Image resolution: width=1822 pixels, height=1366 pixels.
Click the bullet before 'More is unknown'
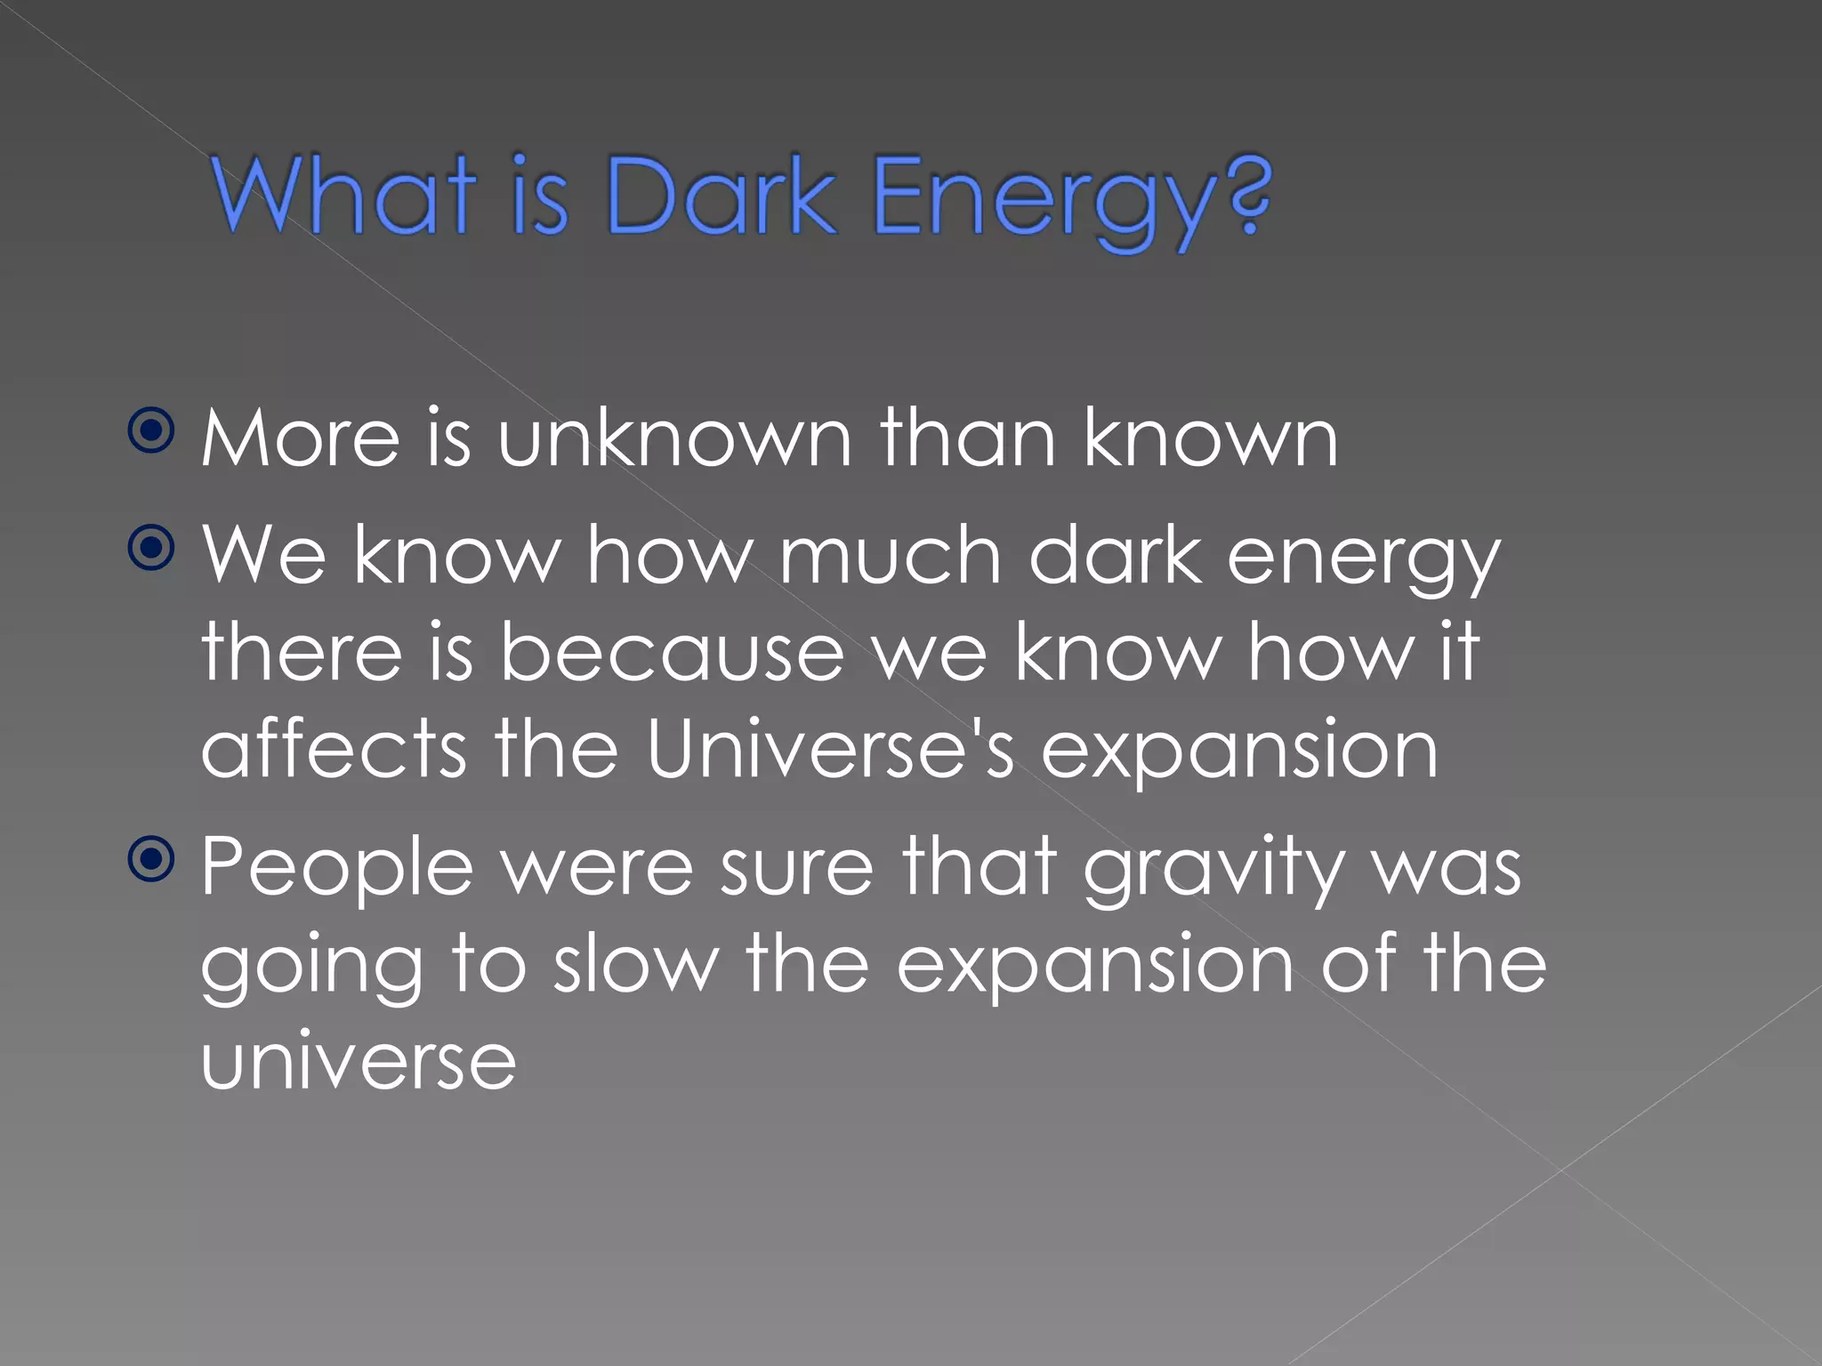(152, 431)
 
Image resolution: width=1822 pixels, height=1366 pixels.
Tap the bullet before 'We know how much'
(152, 549)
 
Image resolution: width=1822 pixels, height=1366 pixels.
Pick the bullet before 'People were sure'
(152, 859)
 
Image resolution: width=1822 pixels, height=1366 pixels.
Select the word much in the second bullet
(891, 555)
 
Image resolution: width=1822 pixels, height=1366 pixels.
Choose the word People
(336, 868)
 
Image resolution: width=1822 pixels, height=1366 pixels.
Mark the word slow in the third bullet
(635, 965)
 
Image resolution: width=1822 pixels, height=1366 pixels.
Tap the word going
(311, 969)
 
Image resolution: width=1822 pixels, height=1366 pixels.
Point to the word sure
(796, 868)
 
